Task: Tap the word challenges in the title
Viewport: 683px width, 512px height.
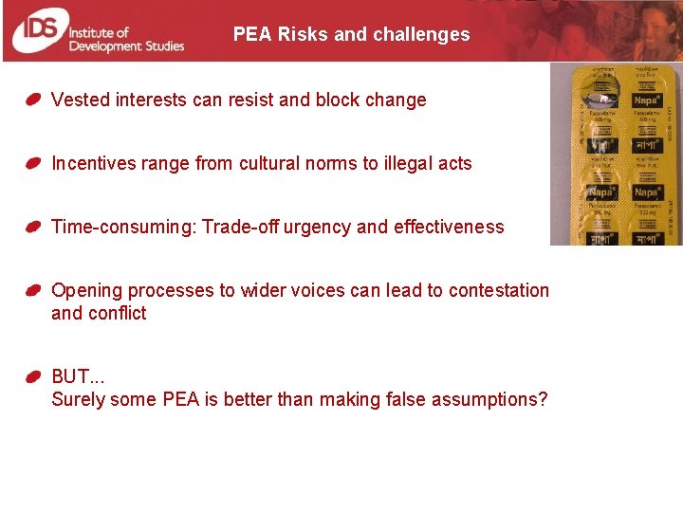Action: pos(421,35)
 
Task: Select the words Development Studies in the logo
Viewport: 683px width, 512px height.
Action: pos(127,46)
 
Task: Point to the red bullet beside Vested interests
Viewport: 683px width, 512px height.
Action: pos(33,100)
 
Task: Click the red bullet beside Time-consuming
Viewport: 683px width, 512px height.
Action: pos(33,227)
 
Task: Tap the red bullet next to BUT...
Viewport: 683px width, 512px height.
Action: pos(33,376)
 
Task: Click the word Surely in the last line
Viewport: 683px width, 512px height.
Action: pos(78,399)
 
